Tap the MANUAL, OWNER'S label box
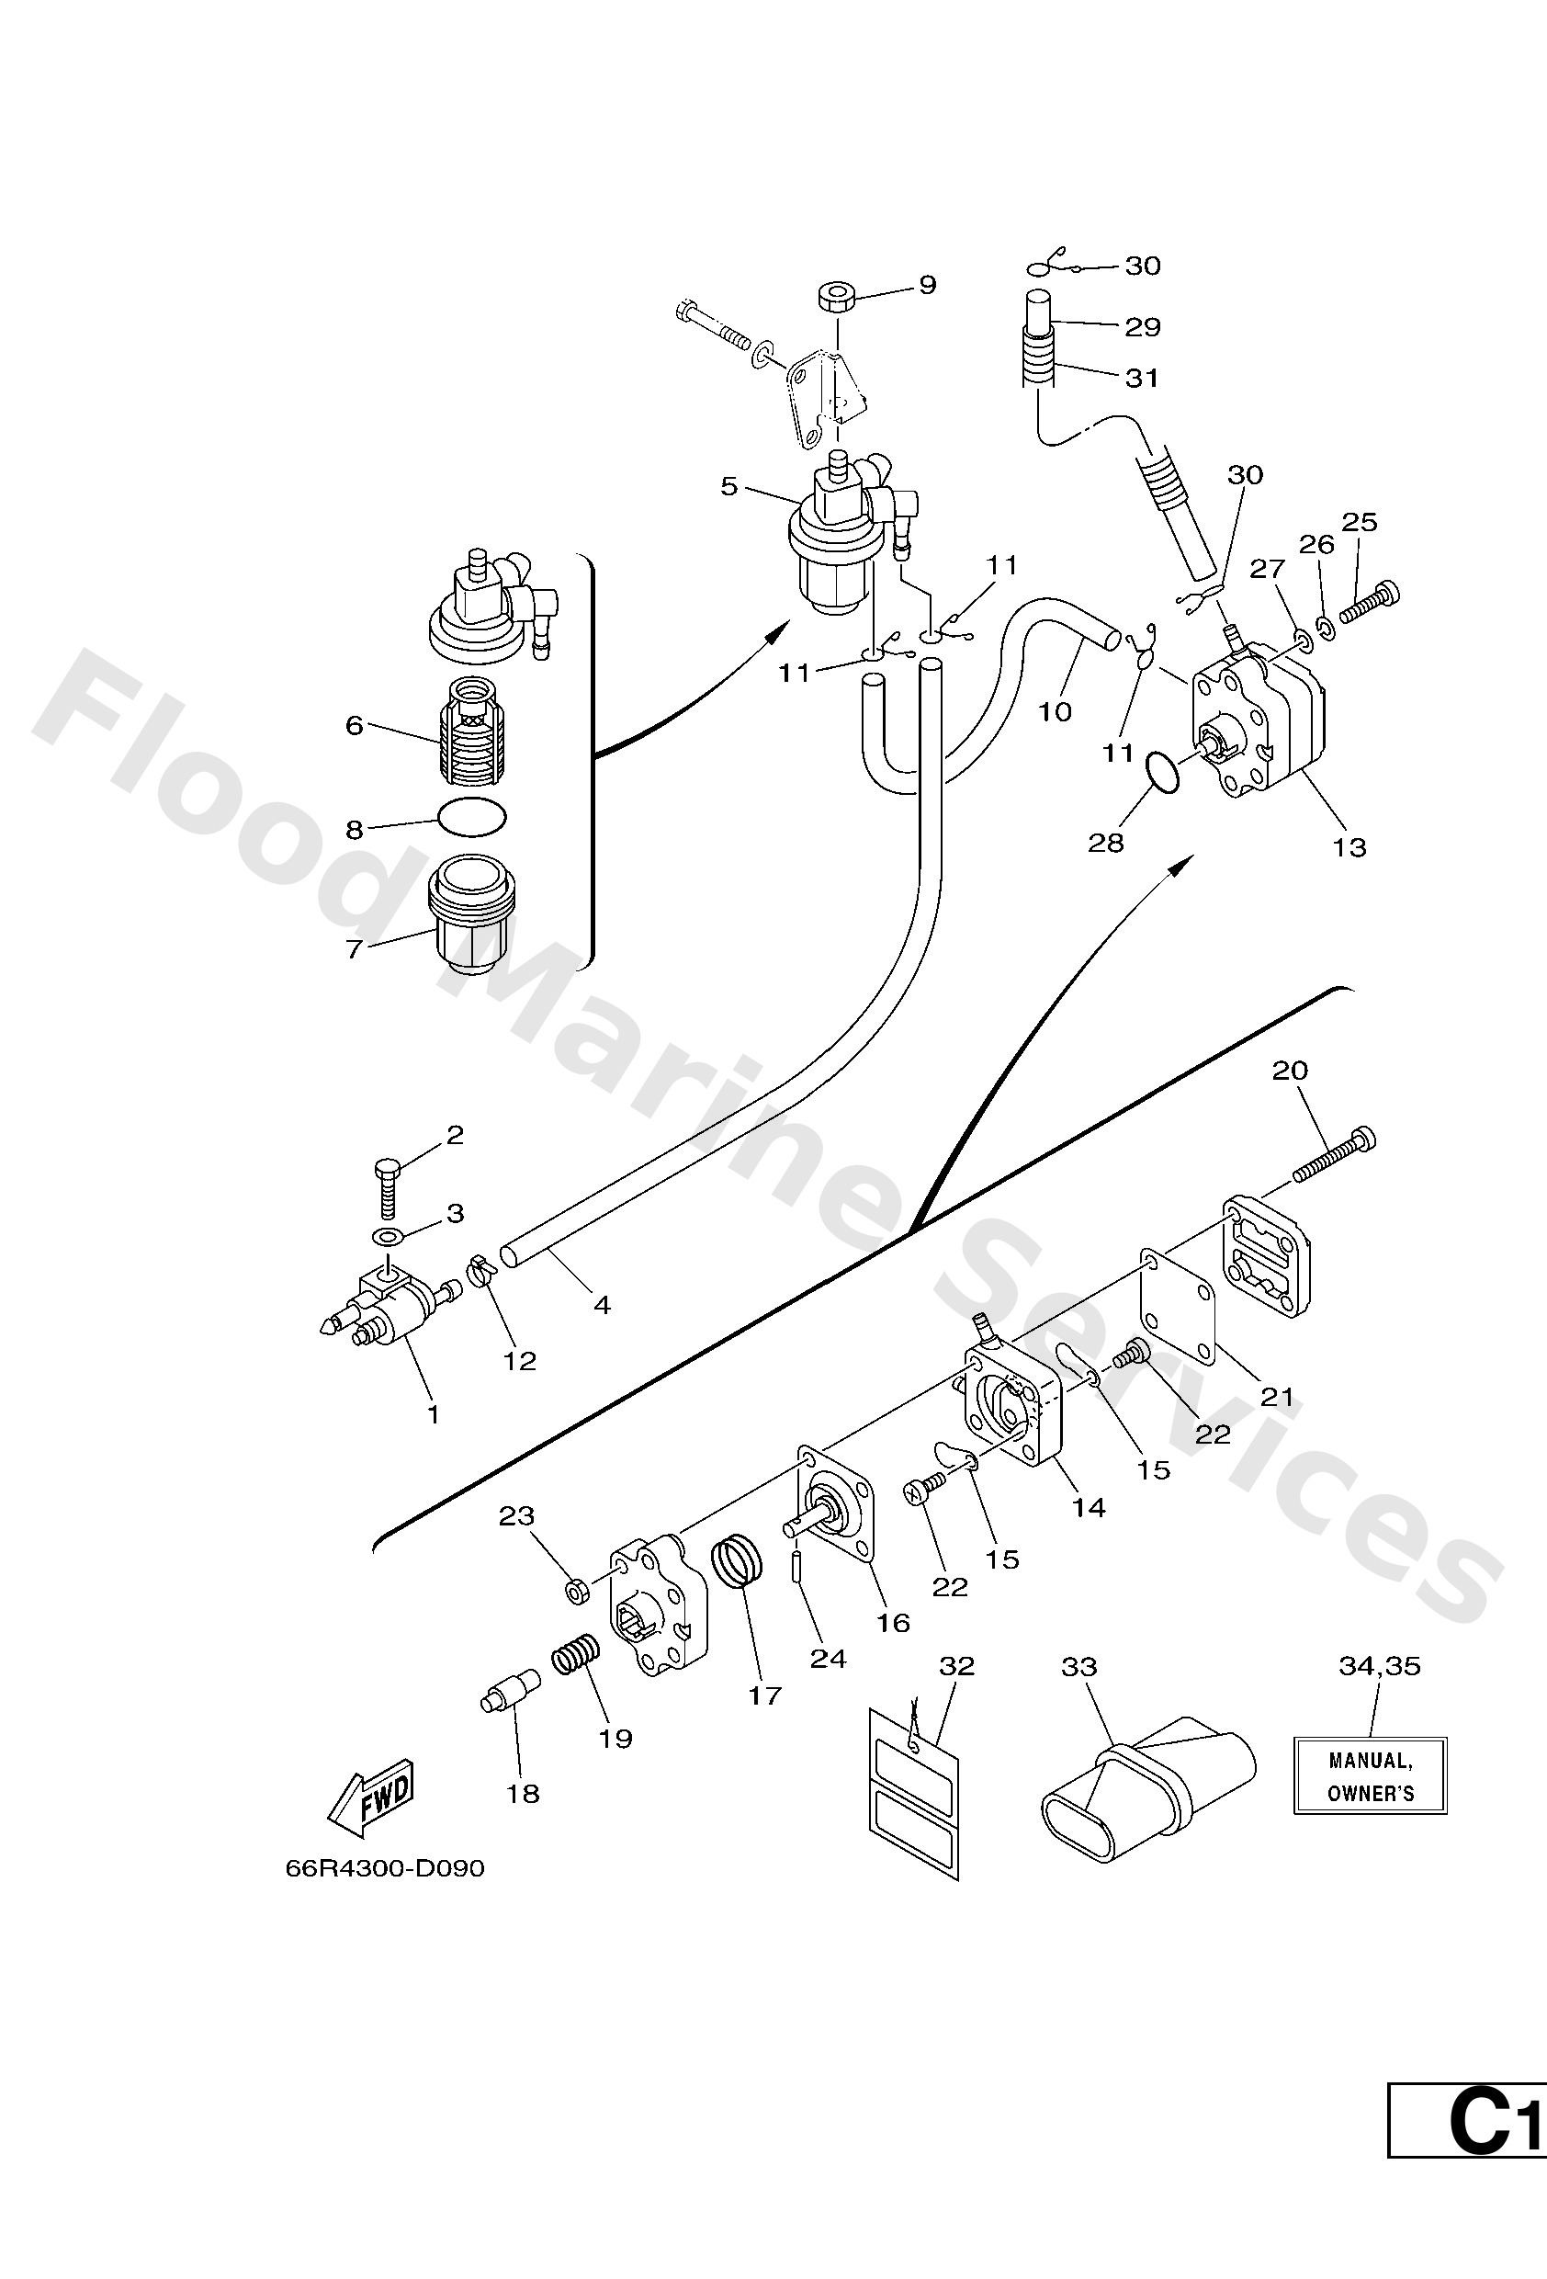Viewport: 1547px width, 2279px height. (x=1370, y=1776)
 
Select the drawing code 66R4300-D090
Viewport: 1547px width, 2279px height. (x=384, y=1869)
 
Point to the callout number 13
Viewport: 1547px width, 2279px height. (x=1349, y=847)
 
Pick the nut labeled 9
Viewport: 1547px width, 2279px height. (x=833, y=297)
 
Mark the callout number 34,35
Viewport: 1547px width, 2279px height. (x=1380, y=1666)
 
